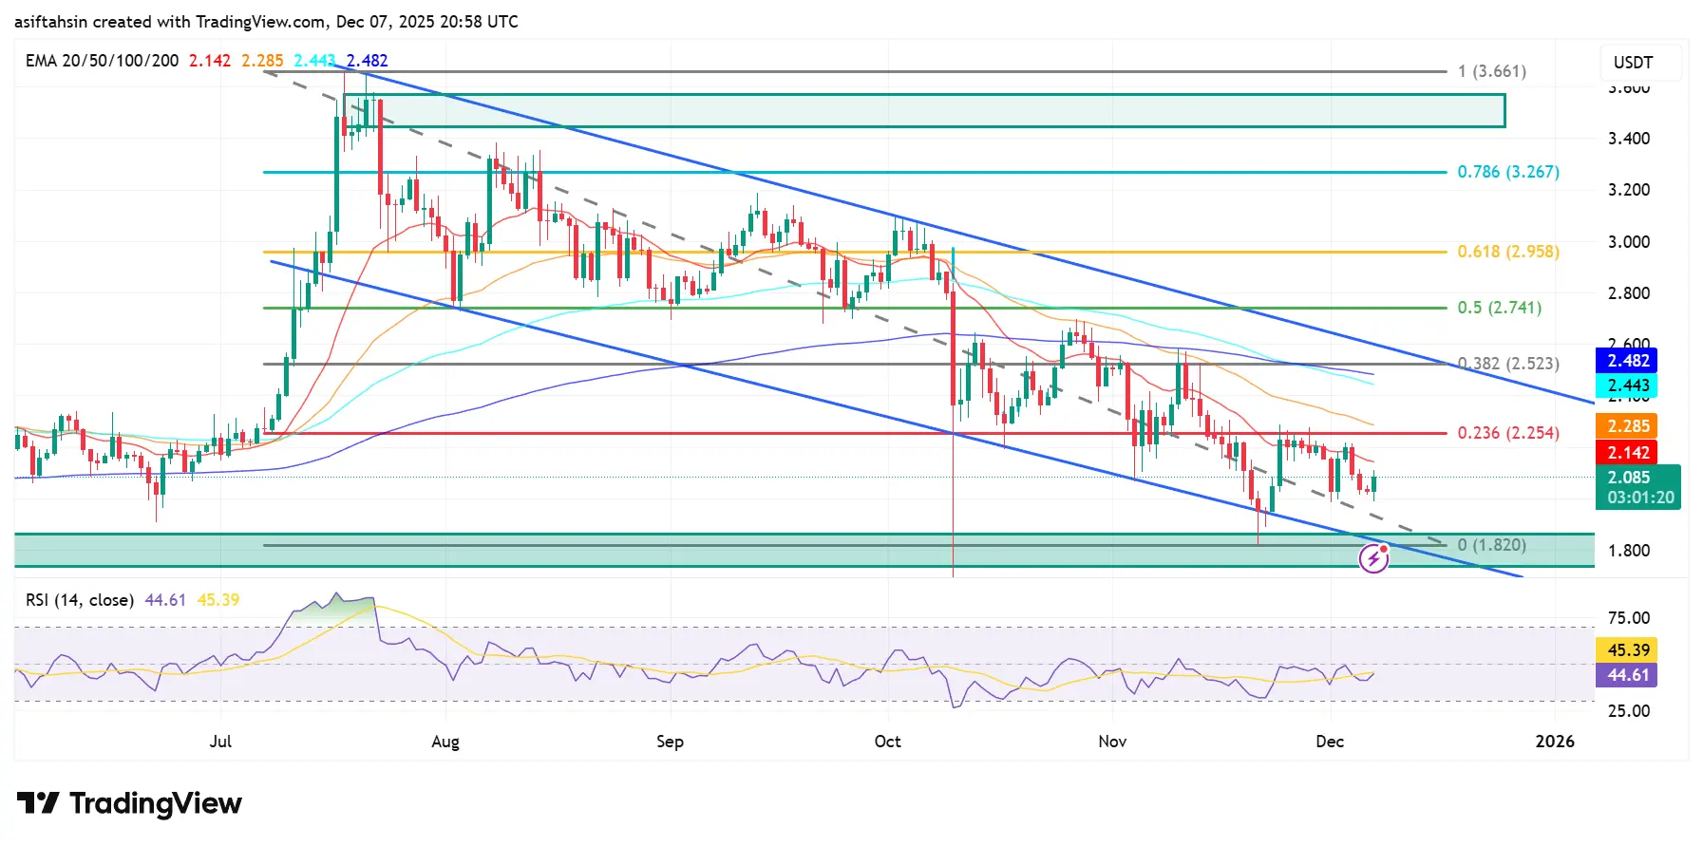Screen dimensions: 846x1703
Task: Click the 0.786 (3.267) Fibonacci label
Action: pyautogui.click(x=1507, y=172)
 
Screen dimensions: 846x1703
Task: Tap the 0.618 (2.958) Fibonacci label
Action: pyautogui.click(x=1507, y=252)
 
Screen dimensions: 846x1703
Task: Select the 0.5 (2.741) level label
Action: pyautogui.click(x=1499, y=308)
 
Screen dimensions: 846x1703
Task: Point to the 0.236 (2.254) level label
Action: pyautogui.click(x=1507, y=433)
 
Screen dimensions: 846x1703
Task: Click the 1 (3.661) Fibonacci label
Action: pyautogui.click(x=1491, y=71)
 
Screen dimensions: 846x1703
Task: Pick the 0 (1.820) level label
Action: pyautogui.click(x=1491, y=545)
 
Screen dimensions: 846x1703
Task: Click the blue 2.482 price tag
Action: pyautogui.click(x=1628, y=361)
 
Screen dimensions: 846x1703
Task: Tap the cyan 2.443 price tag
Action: pyautogui.click(x=1628, y=385)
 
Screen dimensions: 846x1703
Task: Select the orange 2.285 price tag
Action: pyautogui.click(x=1628, y=426)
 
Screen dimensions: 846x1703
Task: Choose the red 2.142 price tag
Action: pyautogui.click(x=1628, y=453)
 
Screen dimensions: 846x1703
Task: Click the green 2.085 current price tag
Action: pyautogui.click(x=1637, y=486)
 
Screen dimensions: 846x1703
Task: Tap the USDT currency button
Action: pyautogui.click(x=1633, y=63)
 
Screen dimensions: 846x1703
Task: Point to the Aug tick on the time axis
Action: pyautogui.click(x=445, y=742)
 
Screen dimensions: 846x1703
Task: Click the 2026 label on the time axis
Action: pyautogui.click(x=1554, y=742)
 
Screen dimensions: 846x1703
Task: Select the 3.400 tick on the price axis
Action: pyautogui.click(x=1628, y=139)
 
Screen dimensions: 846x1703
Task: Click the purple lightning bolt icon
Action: pyautogui.click(x=1373, y=559)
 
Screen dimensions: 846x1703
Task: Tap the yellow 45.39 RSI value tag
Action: pyautogui.click(x=1628, y=650)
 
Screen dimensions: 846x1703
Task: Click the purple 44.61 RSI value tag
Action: pyautogui.click(x=1628, y=675)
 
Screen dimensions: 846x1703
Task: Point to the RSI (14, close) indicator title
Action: pyautogui.click(x=79, y=600)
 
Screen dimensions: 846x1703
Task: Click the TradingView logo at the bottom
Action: pyautogui.click(x=129, y=803)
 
